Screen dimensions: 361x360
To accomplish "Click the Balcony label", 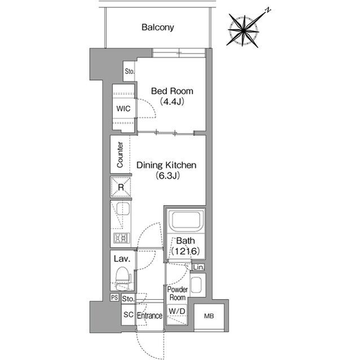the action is [x=158, y=28].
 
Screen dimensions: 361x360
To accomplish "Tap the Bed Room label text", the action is [x=172, y=91].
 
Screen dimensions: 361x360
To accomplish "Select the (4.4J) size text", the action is [x=172, y=101].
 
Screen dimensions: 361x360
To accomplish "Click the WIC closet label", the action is [x=123, y=109].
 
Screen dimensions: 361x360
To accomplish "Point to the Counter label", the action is [x=120, y=155].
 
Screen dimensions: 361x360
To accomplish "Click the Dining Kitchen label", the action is [x=166, y=165].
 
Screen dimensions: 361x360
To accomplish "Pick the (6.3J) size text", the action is [x=168, y=176].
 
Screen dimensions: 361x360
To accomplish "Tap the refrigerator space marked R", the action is [x=121, y=187].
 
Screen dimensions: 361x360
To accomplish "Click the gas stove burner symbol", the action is [x=121, y=238].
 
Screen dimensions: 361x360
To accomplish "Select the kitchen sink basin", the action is [x=123, y=209].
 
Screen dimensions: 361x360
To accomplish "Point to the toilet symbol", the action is [x=123, y=278].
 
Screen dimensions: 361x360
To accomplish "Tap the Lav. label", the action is [x=122, y=259].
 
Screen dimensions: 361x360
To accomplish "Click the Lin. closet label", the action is [x=199, y=267].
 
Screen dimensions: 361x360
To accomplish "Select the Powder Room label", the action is [x=177, y=294].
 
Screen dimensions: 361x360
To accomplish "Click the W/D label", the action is [x=177, y=311].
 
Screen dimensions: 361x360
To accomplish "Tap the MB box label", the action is [x=209, y=316].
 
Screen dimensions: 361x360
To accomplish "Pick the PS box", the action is [x=115, y=297].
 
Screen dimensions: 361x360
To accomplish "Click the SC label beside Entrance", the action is [x=128, y=314].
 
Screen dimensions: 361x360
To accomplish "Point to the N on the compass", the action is [x=267, y=10].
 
